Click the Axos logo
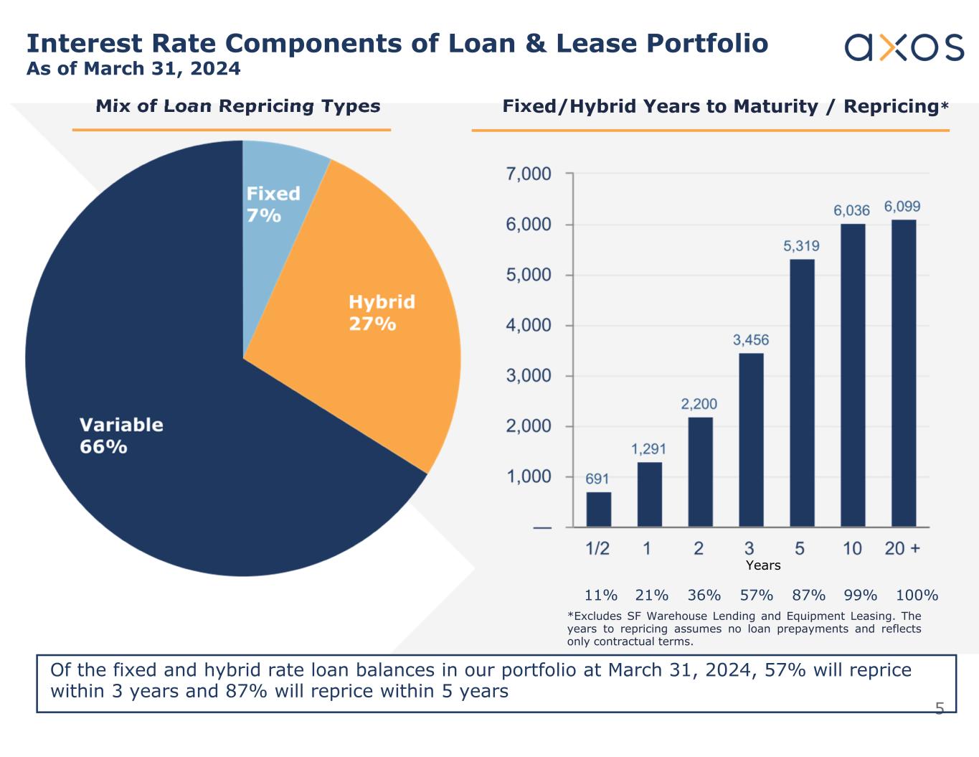[x=904, y=47]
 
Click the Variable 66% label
[x=120, y=436]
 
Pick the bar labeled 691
[x=598, y=509]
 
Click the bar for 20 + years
[x=903, y=373]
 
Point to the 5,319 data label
[x=801, y=246]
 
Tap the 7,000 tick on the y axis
[x=529, y=174]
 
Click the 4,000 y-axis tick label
[x=529, y=326]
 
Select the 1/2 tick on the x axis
[x=597, y=549]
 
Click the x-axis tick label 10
[x=852, y=549]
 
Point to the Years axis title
[x=763, y=565]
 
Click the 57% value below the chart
[x=757, y=595]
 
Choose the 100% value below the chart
[x=917, y=595]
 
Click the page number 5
[x=939, y=709]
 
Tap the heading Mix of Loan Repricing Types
[x=238, y=106]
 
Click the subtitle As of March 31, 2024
[x=133, y=69]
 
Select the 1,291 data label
[x=648, y=449]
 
